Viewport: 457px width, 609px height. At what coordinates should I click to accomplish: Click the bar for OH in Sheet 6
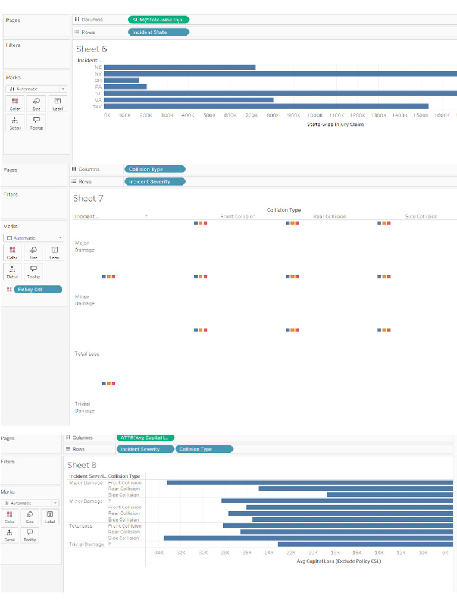pyautogui.click(x=121, y=80)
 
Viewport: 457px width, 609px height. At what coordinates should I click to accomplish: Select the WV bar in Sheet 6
pyautogui.click(x=266, y=106)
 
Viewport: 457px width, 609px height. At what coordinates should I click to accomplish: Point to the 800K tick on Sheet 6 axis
pyautogui.click(x=273, y=115)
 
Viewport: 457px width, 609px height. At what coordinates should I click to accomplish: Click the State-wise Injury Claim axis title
pyautogui.click(x=335, y=125)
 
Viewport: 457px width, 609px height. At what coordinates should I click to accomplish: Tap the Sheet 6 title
pyautogui.click(x=92, y=49)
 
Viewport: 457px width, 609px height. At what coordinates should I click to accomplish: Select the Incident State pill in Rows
pyautogui.click(x=158, y=32)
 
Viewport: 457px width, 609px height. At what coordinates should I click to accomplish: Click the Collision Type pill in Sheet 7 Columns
pyautogui.click(x=155, y=169)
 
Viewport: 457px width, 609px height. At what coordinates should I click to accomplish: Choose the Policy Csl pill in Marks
pyautogui.click(x=37, y=290)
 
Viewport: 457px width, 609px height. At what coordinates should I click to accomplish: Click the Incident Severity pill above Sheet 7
pyautogui.click(x=155, y=181)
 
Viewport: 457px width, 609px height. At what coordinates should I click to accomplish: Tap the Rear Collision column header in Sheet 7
pyautogui.click(x=329, y=216)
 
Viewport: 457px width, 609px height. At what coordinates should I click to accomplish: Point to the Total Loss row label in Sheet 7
pyautogui.click(x=87, y=354)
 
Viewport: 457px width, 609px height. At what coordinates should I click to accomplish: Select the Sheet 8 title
pyautogui.click(x=82, y=465)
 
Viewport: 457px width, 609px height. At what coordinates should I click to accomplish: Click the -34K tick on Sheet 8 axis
pyautogui.click(x=158, y=553)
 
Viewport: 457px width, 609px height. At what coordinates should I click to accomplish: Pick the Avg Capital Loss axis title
pyautogui.click(x=339, y=561)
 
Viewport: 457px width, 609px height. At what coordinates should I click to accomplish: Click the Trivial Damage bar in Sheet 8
pyautogui.click(x=365, y=544)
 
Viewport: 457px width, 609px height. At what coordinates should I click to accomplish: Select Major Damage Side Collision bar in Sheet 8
pyautogui.click(x=390, y=495)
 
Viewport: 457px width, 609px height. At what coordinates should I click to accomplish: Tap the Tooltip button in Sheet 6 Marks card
pyautogui.click(x=36, y=123)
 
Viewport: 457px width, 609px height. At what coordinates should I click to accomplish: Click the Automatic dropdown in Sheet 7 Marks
pyautogui.click(x=33, y=238)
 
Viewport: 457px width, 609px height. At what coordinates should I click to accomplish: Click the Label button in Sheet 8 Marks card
pyautogui.click(x=49, y=516)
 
